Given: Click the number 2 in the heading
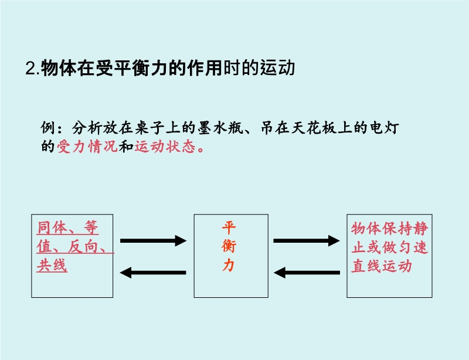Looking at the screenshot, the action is click(30, 68).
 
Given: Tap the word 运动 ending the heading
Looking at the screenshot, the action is click(277, 68).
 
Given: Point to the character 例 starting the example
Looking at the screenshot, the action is click(48, 128).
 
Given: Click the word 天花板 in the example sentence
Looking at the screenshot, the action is click(314, 128).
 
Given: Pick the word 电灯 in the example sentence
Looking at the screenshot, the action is click(384, 128).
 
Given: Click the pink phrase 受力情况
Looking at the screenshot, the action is click(87, 147).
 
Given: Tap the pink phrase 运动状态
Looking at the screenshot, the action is click(165, 147).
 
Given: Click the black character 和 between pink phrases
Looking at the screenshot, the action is click(126, 147).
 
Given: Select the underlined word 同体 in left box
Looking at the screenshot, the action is click(52, 228).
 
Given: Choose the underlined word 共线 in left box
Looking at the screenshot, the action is click(52, 266).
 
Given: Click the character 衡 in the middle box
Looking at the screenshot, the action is click(229, 246).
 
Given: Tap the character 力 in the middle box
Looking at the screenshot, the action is click(229, 265).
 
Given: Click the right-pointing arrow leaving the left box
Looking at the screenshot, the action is click(153, 240).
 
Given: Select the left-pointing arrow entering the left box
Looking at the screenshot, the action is click(153, 273).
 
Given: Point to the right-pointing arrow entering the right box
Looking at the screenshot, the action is click(307, 240).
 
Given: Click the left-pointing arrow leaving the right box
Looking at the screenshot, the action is click(307, 273).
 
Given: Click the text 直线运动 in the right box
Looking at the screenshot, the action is click(382, 266).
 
